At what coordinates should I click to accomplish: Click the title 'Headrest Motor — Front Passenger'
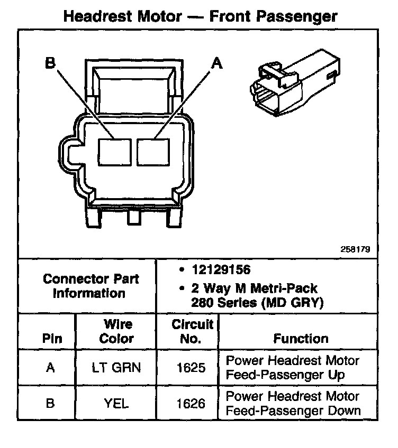[x=200, y=16]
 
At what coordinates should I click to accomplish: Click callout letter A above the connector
[x=217, y=63]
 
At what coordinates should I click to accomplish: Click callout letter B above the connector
[x=50, y=63]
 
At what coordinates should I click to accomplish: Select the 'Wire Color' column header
[x=116, y=331]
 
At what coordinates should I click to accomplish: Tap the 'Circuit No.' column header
[x=192, y=331]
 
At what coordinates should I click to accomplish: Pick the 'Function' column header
[x=301, y=339]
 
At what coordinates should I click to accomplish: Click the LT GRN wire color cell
[x=116, y=367]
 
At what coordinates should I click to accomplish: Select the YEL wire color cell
[x=116, y=403]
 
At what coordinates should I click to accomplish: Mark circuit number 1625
[x=192, y=367]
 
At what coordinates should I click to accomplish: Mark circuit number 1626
[x=192, y=403]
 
